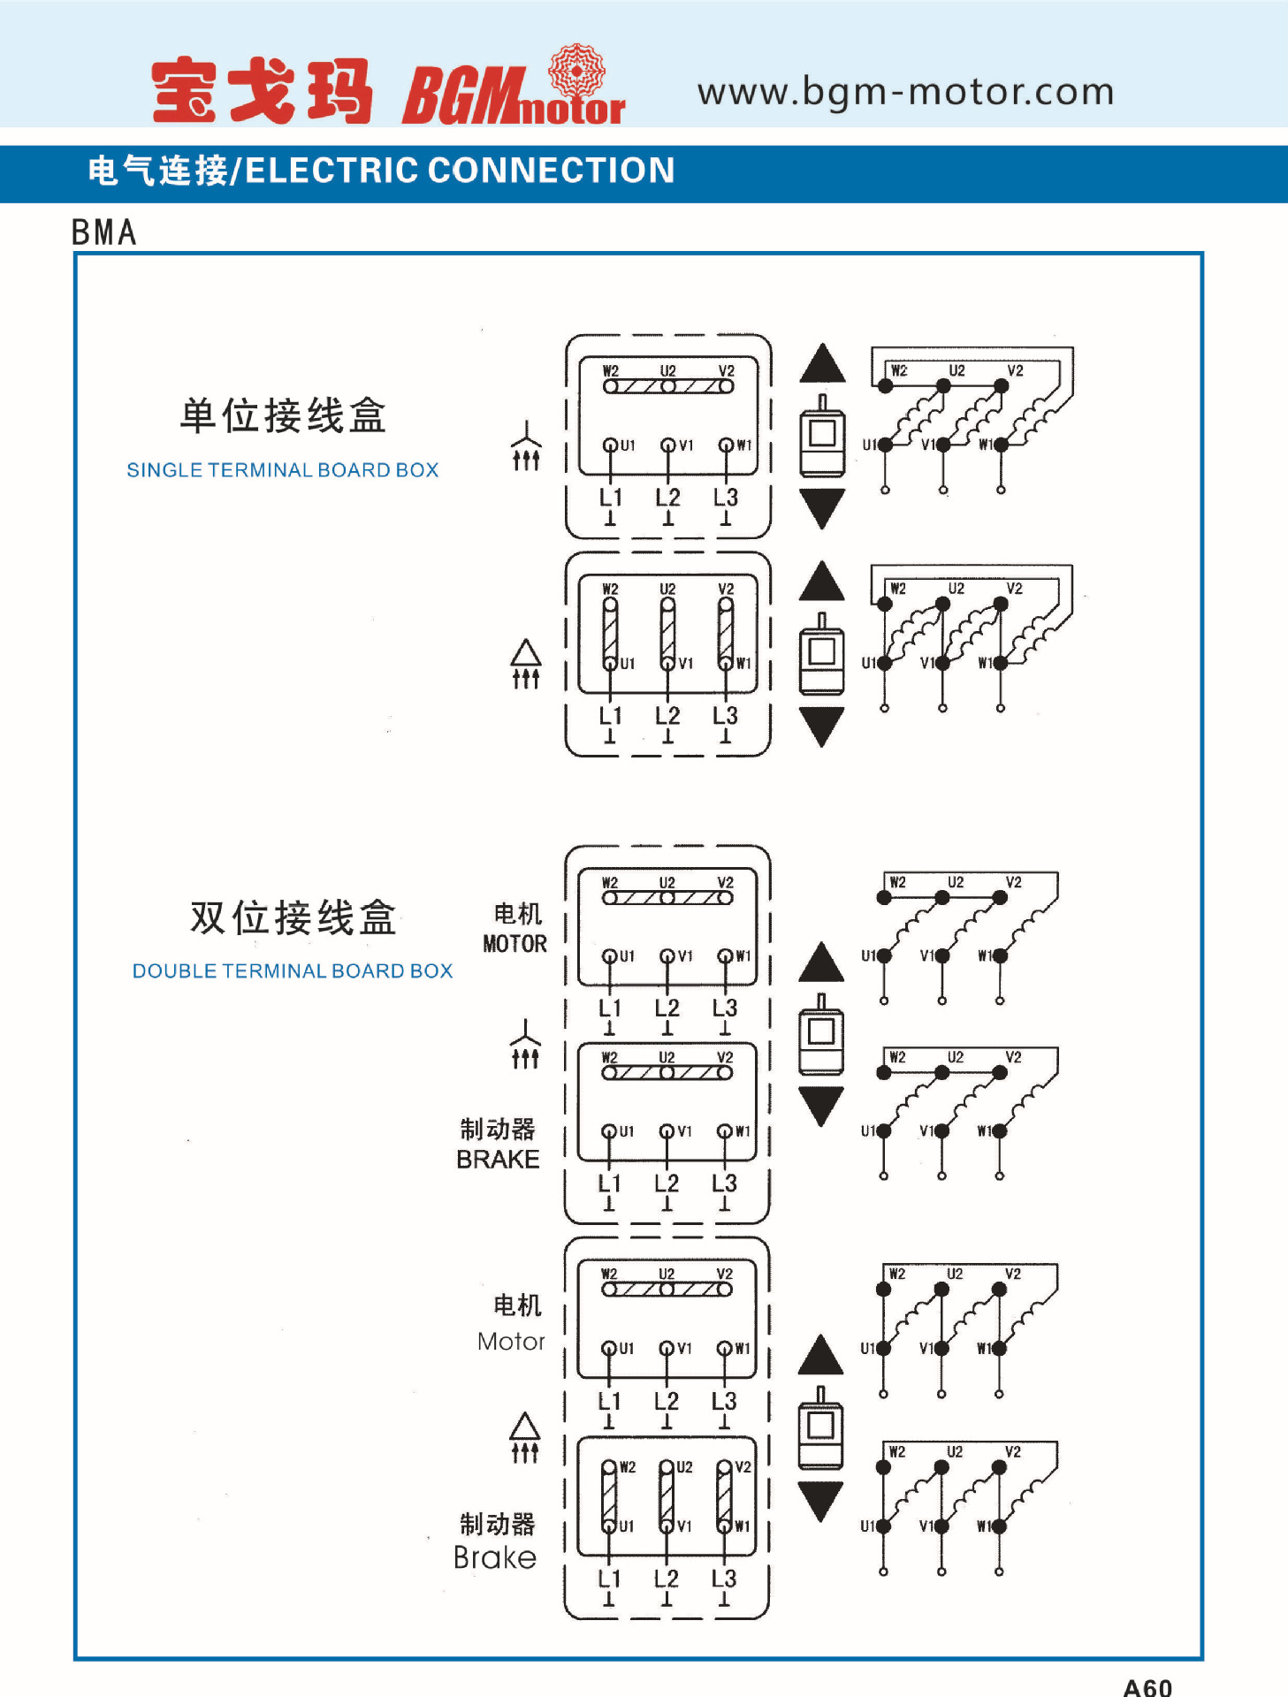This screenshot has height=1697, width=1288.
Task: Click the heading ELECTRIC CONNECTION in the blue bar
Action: coord(460,171)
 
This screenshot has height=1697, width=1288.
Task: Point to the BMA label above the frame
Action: coord(104,232)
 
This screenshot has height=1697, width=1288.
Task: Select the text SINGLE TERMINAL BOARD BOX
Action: coord(283,470)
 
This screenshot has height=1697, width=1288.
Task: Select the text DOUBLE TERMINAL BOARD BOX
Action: coord(293,971)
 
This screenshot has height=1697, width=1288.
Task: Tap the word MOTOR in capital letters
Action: coord(514,944)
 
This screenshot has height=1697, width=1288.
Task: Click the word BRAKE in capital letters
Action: coord(498,1160)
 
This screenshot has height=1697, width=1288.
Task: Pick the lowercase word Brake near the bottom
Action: coord(495,1557)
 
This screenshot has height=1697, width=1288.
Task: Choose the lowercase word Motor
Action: coord(511,1342)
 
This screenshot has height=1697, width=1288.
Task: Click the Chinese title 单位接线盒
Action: coord(283,415)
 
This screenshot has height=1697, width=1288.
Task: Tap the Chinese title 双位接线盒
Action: coord(293,917)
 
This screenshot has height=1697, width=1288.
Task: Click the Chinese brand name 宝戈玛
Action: coord(262,91)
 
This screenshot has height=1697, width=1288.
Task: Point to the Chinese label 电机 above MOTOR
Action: coord(517,914)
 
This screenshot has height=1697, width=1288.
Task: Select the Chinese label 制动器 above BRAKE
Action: coord(498,1130)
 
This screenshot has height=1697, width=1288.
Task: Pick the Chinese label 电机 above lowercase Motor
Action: coord(517,1305)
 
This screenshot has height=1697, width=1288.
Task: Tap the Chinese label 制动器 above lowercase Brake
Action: coord(498,1525)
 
